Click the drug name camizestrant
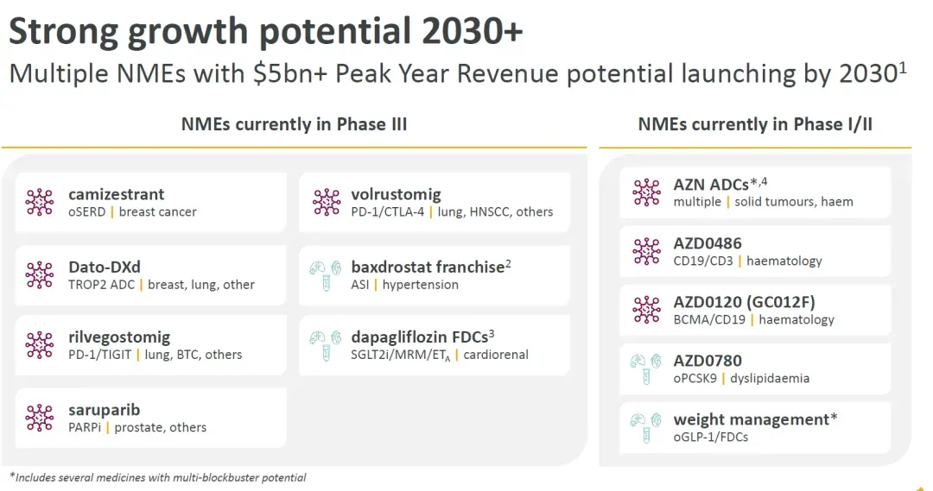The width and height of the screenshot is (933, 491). tap(116, 194)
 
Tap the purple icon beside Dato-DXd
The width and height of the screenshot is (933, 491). tap(39, 274)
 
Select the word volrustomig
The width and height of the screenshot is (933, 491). tap(396, 194)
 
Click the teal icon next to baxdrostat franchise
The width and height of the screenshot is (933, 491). tap(326, 274)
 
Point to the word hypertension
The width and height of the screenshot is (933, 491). tap(420, 285)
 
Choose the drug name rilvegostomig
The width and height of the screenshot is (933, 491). tap(119, 337)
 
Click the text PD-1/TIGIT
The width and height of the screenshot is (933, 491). tap(99, 355)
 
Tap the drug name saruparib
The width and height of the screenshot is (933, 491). tap(105, 410)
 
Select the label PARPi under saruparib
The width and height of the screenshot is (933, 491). tap(85, 427)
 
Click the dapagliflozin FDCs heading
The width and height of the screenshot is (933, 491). tap(422, 337)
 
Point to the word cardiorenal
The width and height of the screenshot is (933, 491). tap(496, 355)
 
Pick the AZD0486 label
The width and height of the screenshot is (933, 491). tap(708, 243)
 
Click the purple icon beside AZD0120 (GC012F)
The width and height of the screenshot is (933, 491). tap(646, 310)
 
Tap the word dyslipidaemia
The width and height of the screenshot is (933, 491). tap(770, 378)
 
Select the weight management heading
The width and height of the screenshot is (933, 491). tap(755, 419)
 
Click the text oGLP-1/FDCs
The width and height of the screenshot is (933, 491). tap(710, 437)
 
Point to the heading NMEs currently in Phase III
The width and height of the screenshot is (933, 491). tap(294, 124)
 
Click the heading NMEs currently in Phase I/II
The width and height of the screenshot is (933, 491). tap(755, 124)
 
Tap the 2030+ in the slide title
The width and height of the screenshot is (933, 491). tap(473, 31)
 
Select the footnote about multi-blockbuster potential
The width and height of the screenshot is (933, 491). tap(158, 477)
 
